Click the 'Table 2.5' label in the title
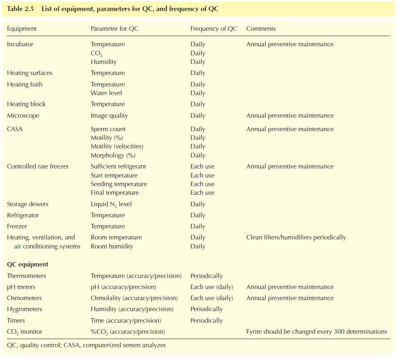pyautogui.click(x=21, y=9)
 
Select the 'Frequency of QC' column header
pyautogui.click(x=214, y=28)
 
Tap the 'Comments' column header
pyautogui.click(x=261, y=28)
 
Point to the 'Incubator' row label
pyautogui.click(x=20, y=44)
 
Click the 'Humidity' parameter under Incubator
pyautogui.click(x=104, y=62)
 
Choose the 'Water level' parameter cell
pyautogui.click(x=106, y=93)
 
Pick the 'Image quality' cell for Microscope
pyautogui.click(x=109, y=116)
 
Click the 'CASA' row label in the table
pyautogui.click(x=15, y=129)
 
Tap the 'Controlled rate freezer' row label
pyautogui.click(x=38, y=166)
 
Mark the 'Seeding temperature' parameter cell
pyautogui.click(x=119, y=184)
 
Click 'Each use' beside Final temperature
pyautogui.click(x=202, y=193)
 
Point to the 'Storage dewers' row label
pyautogui.click(x=27, y=204)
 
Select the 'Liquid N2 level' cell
pyautogui.click(x=111, y=204)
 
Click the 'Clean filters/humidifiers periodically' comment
pyautogui.click(x=296, y=237)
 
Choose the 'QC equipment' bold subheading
pyautogui.click(x=27, y=264)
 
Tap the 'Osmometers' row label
pyautogui.click(x=24, y=298)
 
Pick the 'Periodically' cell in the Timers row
pyautogui.click(x=206, y=321)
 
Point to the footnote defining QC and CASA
pyautogui.click(x=87, y=345)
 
